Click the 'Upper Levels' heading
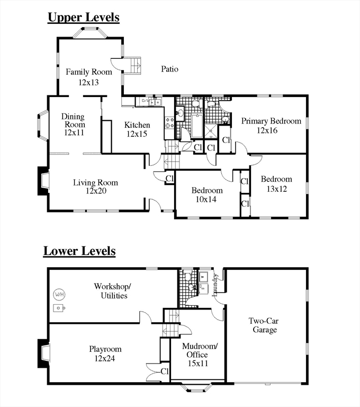84,17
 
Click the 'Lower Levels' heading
79,251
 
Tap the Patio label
169,69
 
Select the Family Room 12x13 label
89,77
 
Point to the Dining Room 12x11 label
74,125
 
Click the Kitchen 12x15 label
137,129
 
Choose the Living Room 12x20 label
95,187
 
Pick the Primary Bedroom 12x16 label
271,126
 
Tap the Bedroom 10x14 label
206,194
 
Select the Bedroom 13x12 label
276,184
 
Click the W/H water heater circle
59,295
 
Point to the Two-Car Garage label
264,325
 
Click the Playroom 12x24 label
105,353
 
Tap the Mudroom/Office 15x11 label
199,355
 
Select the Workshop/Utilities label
113,291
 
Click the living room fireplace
43,181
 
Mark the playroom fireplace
43,353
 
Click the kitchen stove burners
169,123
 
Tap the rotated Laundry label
215,285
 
